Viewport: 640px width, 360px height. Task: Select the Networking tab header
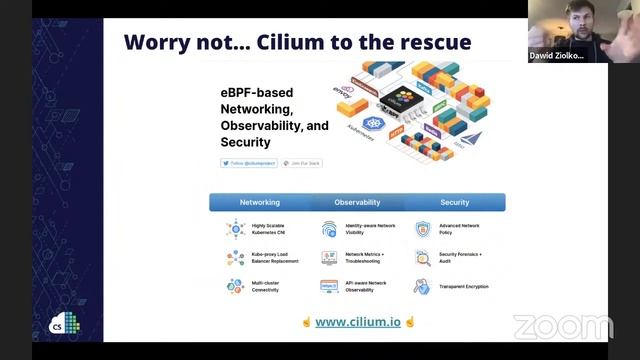[259, 202]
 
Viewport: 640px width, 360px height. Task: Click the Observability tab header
[357, 202]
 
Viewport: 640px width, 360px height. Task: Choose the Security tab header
[454, 202]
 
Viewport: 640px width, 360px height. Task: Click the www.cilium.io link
[358, 322]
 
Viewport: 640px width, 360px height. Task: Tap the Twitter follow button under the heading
[249, 162]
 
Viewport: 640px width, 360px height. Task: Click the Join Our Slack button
[303, 162]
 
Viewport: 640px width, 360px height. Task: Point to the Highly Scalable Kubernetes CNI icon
[234, 229]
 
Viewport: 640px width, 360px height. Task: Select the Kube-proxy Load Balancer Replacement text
[275, 258]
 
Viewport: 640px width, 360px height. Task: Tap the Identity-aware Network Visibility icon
[329, 229]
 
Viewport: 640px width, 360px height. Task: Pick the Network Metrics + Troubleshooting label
[370, 258]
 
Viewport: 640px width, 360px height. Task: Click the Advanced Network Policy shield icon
[422, 229]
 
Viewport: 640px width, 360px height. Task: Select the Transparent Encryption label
[463, 286]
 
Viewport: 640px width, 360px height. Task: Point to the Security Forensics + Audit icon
[422, 257]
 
